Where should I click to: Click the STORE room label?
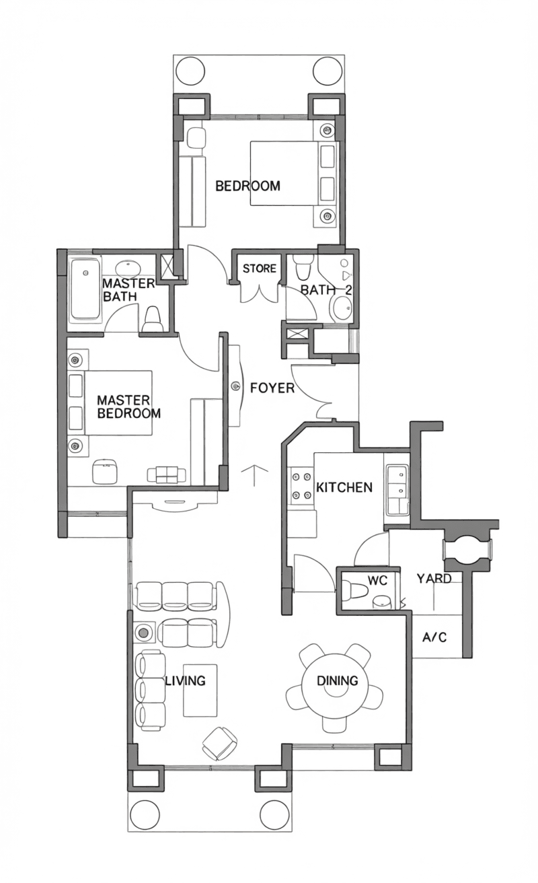tap(259, 269)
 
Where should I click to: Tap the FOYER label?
tap(272, 388)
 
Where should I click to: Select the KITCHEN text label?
tap(344, 487)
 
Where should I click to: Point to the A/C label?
tap(434, 637)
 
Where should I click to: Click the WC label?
tap(377, 580)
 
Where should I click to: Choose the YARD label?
tap(434, 578)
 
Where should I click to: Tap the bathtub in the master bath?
tap(85, 289)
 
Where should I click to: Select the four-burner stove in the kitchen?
tap(301, 486)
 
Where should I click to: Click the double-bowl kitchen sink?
tap(397, 489)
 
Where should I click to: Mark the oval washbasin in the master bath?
tap(128, 268)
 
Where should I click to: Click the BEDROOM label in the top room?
tap(247, 186)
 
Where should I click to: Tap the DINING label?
tap(338, 681)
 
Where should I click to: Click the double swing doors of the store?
tap(259, 293)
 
